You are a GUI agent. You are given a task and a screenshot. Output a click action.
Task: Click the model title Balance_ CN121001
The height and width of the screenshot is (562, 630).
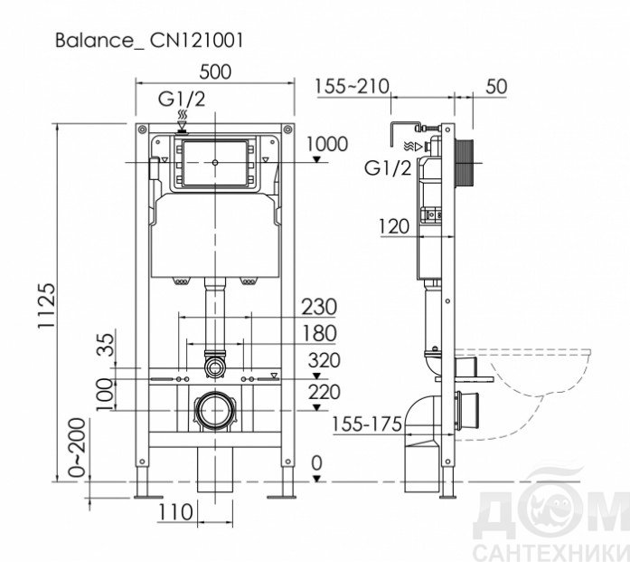[x=149, y=41]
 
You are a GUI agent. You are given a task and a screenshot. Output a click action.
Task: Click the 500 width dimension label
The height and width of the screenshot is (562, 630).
[x=215, y=72]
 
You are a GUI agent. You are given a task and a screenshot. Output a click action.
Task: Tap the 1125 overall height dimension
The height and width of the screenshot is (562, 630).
[x=47, y=306]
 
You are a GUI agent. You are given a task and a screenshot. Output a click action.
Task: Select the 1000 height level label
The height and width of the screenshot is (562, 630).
[x=327, y=144]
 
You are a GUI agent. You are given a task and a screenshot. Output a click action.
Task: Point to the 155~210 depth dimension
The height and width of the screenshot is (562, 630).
[x=352, y=86]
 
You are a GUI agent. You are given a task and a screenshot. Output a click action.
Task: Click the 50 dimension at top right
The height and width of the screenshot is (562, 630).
[x=496, y=87]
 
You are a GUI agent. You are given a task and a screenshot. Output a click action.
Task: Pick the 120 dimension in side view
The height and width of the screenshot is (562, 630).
[x=394, y=226]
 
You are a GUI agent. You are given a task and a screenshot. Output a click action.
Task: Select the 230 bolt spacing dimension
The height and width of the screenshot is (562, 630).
[x=319, y=307]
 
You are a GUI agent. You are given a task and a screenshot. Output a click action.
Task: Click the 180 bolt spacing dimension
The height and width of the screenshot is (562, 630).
[x=319, y=334]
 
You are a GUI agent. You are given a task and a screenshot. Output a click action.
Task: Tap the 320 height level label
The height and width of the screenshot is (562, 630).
[x=324, y=360]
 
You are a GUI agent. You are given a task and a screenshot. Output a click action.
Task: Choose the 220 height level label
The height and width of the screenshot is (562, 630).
[x=324, y=392]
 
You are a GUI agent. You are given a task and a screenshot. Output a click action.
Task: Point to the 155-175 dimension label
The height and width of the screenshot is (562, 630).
[x=367, y=424]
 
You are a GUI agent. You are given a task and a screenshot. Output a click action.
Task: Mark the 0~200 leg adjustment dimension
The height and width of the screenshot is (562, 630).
[x=77, y=447]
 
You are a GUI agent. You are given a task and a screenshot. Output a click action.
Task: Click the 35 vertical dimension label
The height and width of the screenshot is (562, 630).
[x=106, y=345]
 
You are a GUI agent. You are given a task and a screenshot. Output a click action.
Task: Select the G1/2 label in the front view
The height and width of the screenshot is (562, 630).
[x=182, y=99]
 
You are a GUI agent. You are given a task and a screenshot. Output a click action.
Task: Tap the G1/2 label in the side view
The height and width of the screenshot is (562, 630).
[x=388, y=167]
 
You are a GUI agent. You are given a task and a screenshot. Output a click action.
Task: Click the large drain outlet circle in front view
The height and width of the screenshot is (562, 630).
[x=215, y=411]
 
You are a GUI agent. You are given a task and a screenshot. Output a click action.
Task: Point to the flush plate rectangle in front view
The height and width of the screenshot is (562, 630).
[x=215, y=163]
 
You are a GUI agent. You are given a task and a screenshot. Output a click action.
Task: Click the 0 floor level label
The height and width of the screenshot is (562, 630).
[x=316, y=463]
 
